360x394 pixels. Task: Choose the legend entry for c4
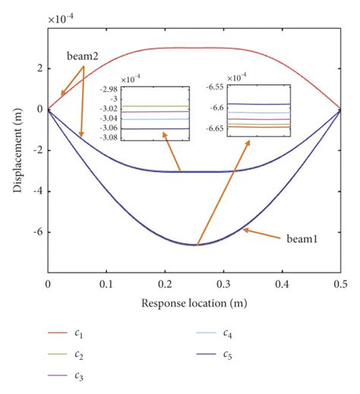[227, 334]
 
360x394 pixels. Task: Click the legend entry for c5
[227, 355]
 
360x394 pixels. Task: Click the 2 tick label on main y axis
[39, 68]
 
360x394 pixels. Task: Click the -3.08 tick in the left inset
[106, 137]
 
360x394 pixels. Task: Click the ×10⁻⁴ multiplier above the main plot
[59, 17]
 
